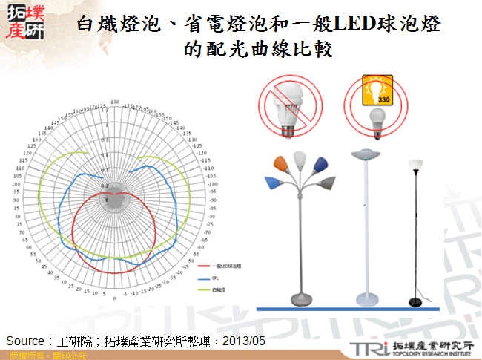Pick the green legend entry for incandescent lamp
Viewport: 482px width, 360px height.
coord(218,290)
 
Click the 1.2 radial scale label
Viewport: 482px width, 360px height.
coord(105,110)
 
